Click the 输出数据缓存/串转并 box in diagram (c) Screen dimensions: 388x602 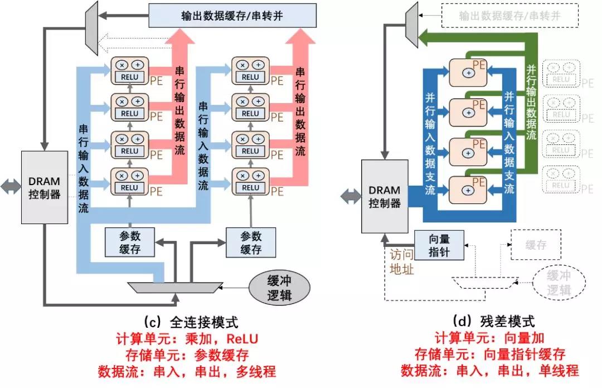232,15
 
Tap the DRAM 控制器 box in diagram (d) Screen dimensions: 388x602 385,196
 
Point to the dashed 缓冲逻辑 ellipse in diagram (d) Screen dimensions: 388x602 558,282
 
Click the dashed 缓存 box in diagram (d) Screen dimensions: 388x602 535,245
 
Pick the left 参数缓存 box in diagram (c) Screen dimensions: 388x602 130,243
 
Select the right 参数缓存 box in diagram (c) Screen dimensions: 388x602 251,243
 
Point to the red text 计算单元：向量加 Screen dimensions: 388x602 489,338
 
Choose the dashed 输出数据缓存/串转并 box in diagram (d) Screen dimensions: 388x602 509,16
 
